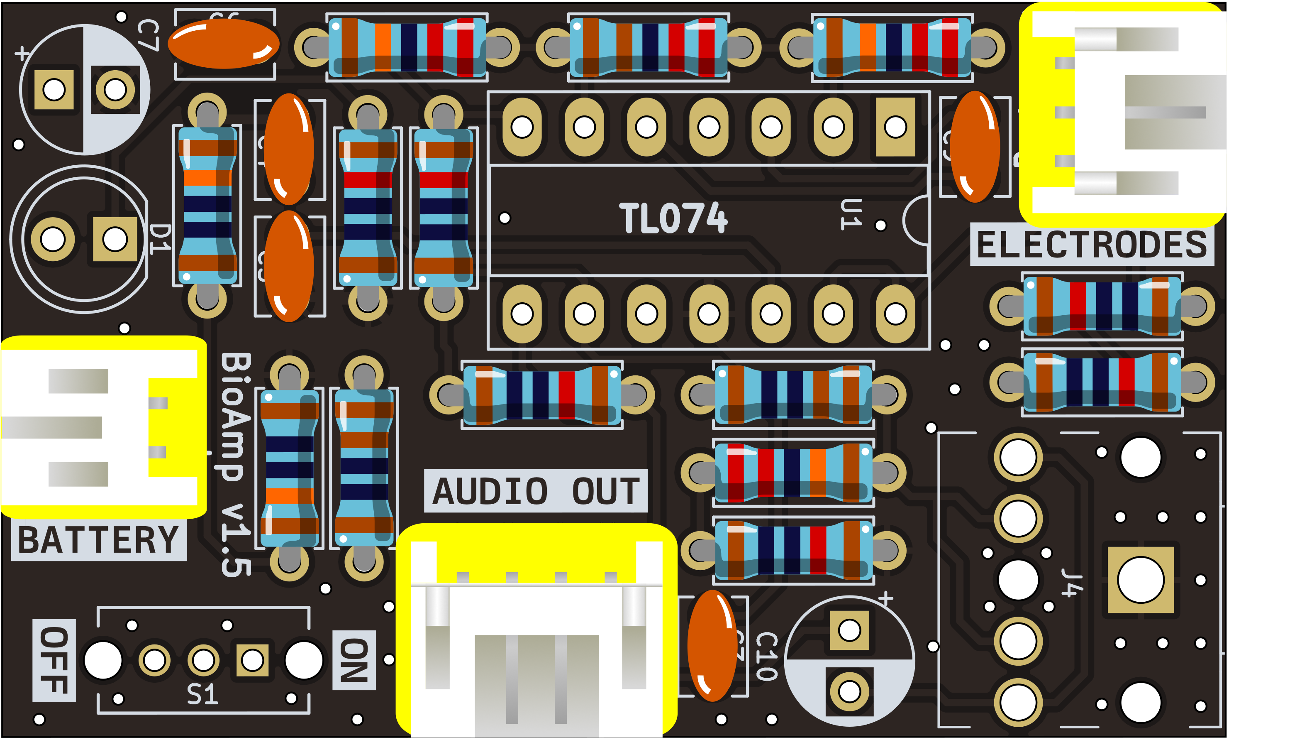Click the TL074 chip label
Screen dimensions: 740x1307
(673, 218)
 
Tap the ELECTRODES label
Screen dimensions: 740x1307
(1092, 245)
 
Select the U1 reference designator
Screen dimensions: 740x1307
(851, 214)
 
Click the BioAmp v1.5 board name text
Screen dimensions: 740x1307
(236, 465)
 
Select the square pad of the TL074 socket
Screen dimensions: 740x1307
(895, 127)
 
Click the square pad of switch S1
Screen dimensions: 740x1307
(252, 660)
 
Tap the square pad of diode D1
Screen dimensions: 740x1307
(115, 239)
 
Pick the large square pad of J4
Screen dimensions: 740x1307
(1141, 580)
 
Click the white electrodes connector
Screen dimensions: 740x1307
(1125, 112)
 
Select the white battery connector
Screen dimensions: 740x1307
(102, 427)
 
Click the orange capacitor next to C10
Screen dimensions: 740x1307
(712, 645)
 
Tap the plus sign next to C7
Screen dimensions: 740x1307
(21, 53)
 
